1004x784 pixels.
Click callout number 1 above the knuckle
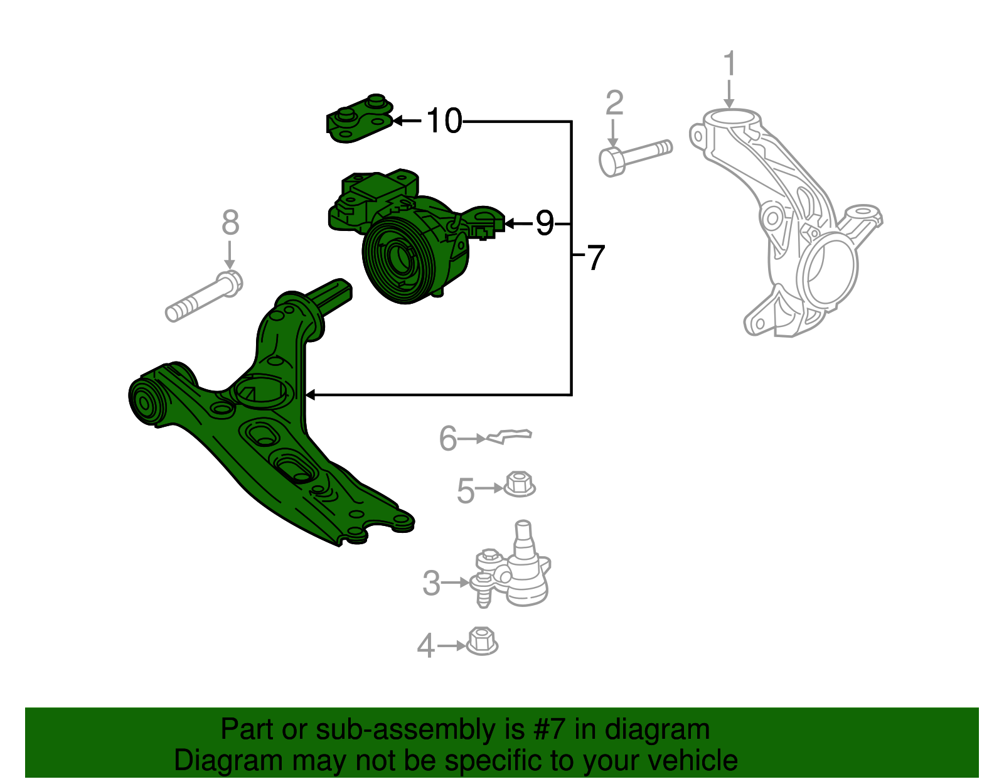[729, 65]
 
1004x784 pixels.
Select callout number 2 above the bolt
[614, 103]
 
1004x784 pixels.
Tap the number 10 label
[444, 121]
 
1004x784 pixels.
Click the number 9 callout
[544, 223]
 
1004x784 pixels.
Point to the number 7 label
[594, 257]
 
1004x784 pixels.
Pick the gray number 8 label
[230, 223]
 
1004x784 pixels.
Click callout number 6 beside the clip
[447, 439]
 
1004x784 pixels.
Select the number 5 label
[465, 490]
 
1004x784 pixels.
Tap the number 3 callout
[431, 583]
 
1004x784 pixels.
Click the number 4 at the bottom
[426, 646]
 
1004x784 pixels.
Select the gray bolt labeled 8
[204, 297]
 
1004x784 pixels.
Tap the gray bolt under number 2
[635, 156]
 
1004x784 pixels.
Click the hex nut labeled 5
[520, 485]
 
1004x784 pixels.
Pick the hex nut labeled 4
[482, 642]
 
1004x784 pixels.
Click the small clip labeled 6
[510, 436]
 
